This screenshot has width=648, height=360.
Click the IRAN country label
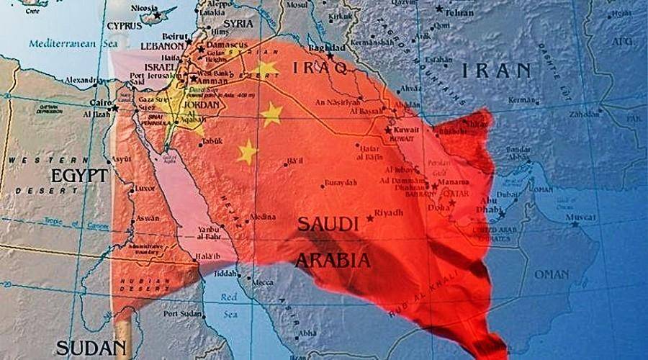click(496, 71)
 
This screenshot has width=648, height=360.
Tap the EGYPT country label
click(78, 175)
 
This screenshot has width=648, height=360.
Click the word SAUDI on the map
click(328, 225)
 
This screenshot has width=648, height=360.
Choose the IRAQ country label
click(320, 68)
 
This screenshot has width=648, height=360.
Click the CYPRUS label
click(124, 25)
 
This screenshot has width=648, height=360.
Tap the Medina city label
click(262, 217)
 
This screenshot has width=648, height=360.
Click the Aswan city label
click(147, 217)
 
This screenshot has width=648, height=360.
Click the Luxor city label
click(145, 188)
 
